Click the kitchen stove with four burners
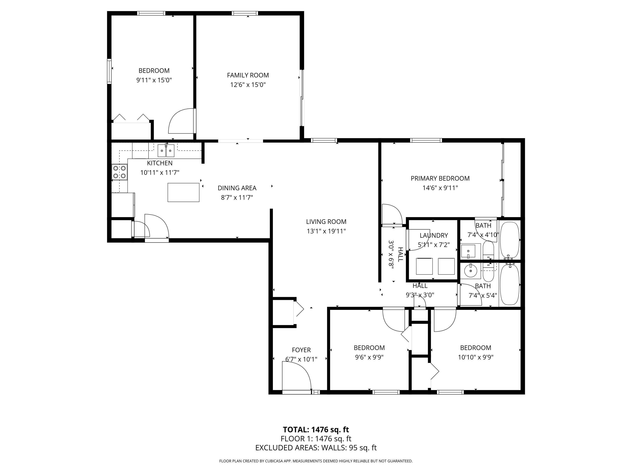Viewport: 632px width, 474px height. pyautogui.click(x=119, y=172)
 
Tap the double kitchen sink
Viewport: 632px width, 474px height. pyautogui.click(x=166, y=151)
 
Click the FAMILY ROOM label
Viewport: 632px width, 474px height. pyautogui.click(x=248, y=75)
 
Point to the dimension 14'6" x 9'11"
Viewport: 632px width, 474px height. pyautogui.click(x=440, y=188)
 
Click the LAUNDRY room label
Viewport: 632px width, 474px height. pyautogui.click(x=433, y=236)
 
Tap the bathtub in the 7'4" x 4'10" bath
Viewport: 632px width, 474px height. pyautogui.click(x=510, y=240)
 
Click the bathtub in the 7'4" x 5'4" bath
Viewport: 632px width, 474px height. pyautogui.click(x=510, y=285)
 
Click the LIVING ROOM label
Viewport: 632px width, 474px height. pyautogui.click(x=326, y=222)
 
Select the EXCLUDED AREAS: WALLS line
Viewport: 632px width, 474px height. pyautogui.click(x=316, y=448)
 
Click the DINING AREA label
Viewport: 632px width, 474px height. pyautogui.click(x=237, y=188)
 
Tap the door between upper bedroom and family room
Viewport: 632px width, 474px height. pyautogui.click(x=182, y=121)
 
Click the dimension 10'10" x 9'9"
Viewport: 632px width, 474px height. pyautogui.click(x=475, y=357)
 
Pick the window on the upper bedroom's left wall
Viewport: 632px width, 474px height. pyautogui.click(x=109, y=71)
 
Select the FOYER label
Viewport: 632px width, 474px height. pyautogui.click(x=301, y=350)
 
